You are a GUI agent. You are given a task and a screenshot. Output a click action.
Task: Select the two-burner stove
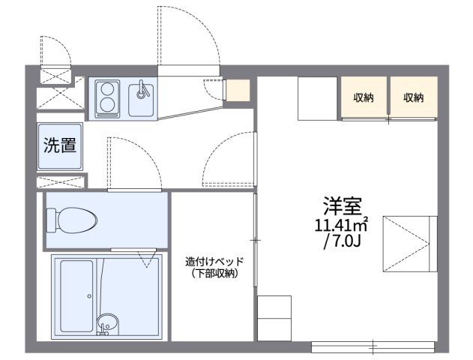point(108,98)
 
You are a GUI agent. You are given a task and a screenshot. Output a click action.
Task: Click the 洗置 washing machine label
point(58,145)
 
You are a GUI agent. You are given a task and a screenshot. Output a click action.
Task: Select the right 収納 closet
point(413,97)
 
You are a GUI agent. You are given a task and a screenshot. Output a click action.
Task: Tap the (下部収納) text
point(214,274)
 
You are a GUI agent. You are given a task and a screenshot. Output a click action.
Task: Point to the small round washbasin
point(107,324)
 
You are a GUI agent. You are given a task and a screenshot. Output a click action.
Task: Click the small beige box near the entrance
point(238,89)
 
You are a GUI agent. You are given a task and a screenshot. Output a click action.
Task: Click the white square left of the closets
point(319,97)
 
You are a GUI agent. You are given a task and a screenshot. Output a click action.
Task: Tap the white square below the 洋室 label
point(274,318)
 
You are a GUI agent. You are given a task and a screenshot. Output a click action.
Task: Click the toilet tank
point(52,220)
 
